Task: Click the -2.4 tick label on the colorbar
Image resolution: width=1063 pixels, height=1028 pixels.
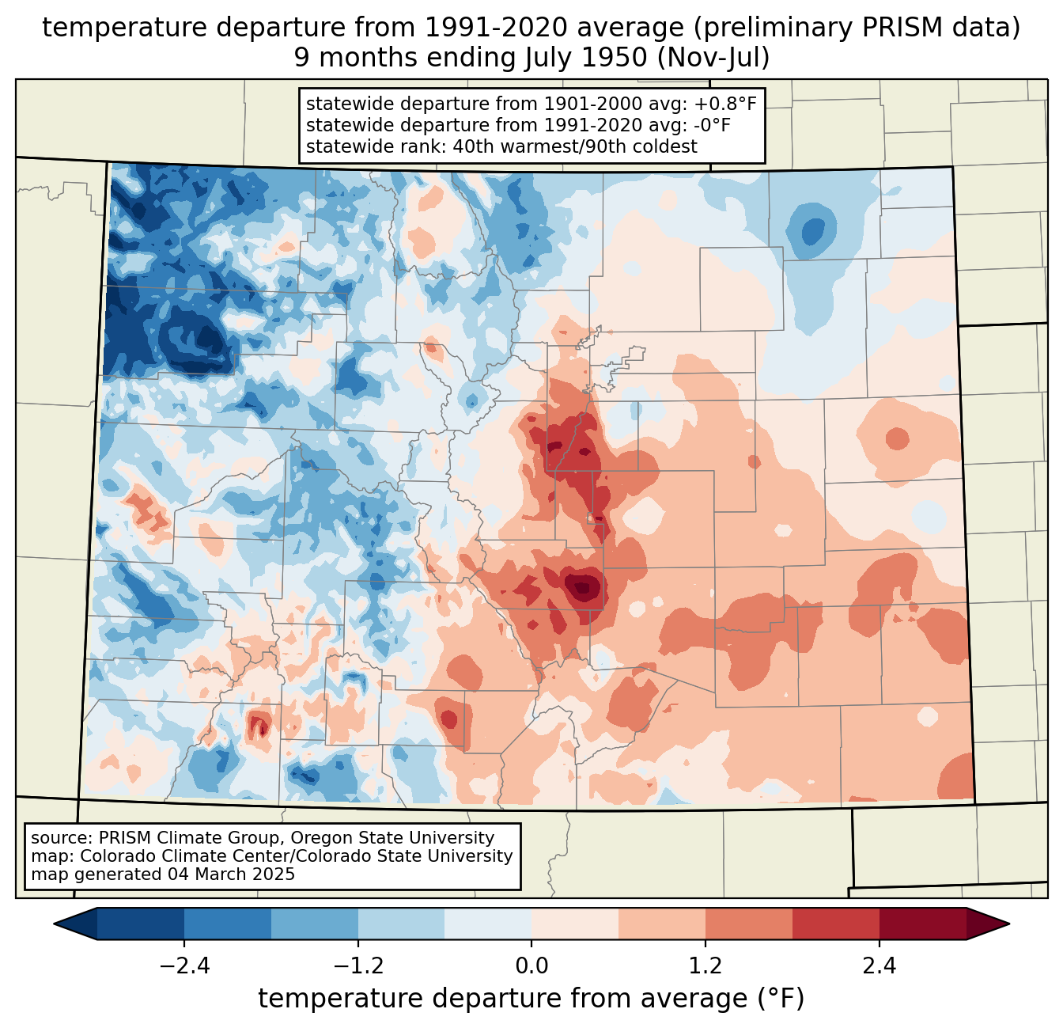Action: pos(184,966)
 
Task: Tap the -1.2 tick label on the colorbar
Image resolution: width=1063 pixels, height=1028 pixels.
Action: pos(357,966)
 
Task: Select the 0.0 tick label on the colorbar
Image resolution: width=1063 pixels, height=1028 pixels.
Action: pos(531,966)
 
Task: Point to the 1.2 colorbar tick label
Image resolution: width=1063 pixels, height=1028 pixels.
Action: pos(706,966)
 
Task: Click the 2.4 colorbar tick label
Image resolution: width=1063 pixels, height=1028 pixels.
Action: pos(879,966)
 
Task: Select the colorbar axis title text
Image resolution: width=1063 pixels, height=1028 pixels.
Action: pos(531,999)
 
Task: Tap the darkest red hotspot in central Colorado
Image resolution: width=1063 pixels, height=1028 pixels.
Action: pos(584,586)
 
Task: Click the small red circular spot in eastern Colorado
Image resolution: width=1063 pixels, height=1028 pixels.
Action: pos(897,438)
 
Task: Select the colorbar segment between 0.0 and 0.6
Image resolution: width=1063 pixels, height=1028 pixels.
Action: pos(575,924)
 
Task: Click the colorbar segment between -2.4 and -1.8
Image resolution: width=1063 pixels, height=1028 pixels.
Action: pos(228,924)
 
